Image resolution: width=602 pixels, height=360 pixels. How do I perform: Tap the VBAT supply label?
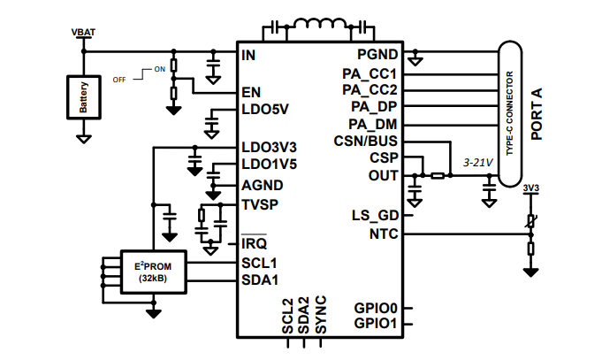point(83,33)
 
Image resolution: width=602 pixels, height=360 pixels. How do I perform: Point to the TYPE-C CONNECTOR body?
point(510,113)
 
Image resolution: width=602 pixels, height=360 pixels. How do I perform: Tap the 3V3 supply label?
point(530,188)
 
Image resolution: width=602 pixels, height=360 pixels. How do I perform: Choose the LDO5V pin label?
point(264,111)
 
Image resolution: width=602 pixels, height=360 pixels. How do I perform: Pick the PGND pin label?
point(377,55)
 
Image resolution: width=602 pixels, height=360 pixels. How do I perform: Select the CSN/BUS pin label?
point(366,142)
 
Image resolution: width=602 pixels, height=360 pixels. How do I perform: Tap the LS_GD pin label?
point(376,216)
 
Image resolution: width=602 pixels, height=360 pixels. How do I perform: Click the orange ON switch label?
point(159,69)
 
